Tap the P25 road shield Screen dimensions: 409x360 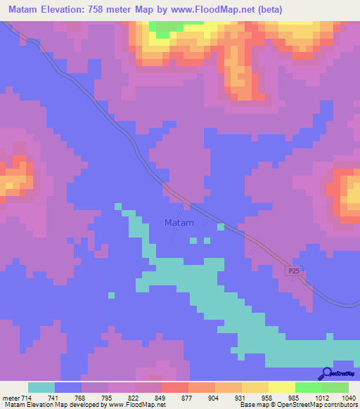[x=294, y=271]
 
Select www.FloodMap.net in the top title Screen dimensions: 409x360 [x=225, y=9]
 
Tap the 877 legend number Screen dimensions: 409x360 [x=169, y=398]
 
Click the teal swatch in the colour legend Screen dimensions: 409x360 [x=41, y=387]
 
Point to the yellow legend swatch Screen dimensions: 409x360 [x=281, y=387]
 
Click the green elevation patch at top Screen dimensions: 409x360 [x=163, y=33]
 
